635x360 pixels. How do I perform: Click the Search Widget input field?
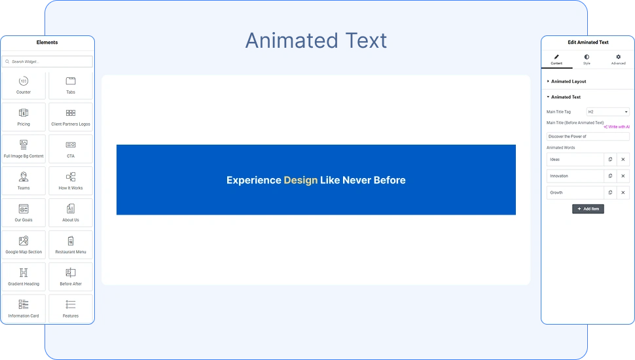(47, 62)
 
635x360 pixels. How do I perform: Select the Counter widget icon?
(24, 81)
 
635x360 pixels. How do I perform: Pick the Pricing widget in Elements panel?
(24, 117)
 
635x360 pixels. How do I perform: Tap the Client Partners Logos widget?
(71, 117)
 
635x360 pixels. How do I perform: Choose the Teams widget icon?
(24, 177)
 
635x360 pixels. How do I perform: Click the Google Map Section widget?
(24, 245)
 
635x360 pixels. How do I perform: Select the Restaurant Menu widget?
(71, 245)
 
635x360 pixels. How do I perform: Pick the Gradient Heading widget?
(24, 277)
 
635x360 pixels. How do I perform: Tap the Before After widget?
(71, 277)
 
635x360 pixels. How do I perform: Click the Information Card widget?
(24, 308)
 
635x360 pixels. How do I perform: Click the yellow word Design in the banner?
(300, 180)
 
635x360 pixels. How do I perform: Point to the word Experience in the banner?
(253, 180)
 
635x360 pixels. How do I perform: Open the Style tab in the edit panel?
(587, 60)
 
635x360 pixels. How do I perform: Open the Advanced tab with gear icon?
(619, 60)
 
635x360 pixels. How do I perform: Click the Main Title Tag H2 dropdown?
(608, 112)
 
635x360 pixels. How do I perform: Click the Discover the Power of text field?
(588, 136)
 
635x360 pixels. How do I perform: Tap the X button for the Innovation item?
(623, 176)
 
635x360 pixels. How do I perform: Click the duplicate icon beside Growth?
(610, 192)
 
